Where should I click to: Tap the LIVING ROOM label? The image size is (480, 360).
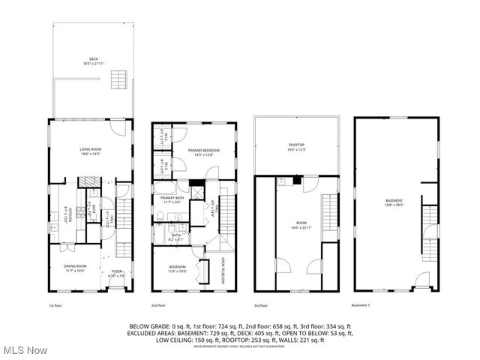91,151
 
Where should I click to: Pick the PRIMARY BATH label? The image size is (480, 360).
172,199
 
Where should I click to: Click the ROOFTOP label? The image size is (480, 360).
298,146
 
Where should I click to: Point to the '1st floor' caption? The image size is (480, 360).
55,305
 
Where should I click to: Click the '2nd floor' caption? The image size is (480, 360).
159,305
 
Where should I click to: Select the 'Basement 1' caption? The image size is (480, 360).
361,305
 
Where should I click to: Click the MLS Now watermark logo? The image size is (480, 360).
24,350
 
